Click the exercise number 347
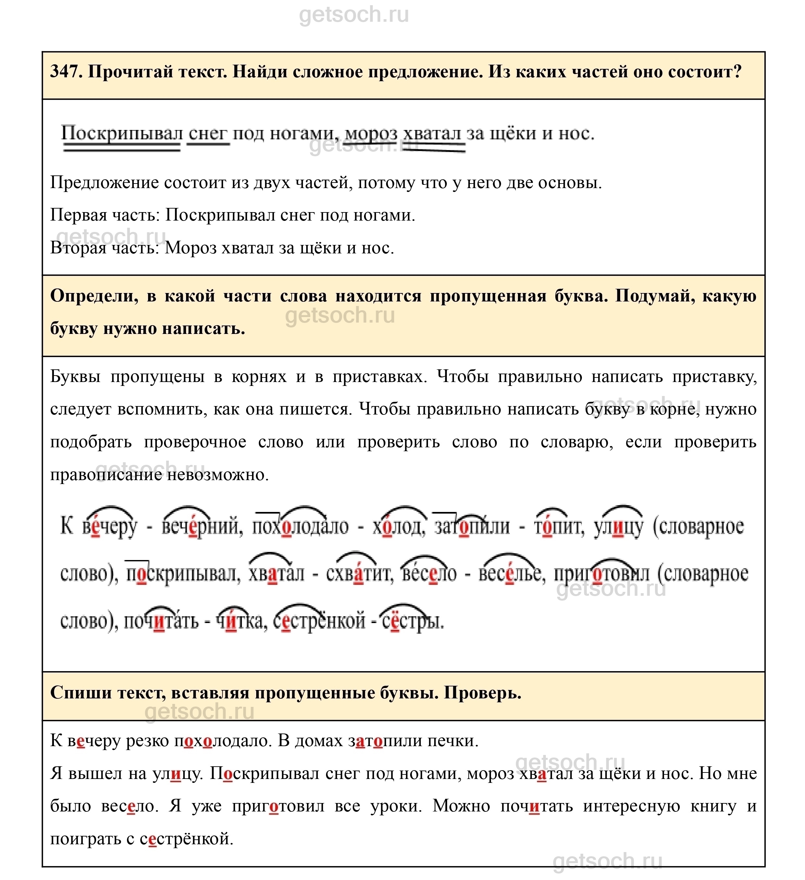pos(66,71)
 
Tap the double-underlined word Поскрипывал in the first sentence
pos(121,134)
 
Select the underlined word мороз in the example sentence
pos(371,134)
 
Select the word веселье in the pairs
pos(512,574)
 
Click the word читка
pos(242,621)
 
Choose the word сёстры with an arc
pos(413,621)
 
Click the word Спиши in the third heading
pos(81,693)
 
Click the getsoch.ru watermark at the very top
pos(354,15)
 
